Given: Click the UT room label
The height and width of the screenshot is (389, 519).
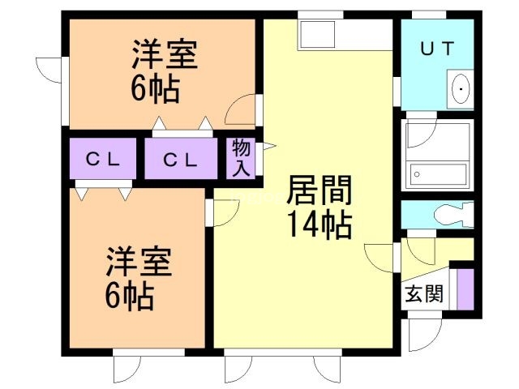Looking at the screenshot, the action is click(x=436, y=49).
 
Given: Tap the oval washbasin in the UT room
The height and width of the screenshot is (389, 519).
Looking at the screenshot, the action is click(x=461, y=88).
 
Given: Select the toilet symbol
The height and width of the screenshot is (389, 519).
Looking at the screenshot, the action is click(x=454, y=214).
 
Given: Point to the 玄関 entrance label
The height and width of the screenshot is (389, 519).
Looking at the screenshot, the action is click(x=423, y=293).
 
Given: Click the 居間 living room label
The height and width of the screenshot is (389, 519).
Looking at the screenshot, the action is click(x=319, y=190).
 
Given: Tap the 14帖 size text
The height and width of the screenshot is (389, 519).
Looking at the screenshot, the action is click(x=320, y=225).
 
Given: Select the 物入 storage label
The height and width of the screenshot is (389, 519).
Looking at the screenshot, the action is click(x=241, y=158).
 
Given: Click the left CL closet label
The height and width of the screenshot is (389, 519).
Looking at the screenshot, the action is click(x=102, y=160).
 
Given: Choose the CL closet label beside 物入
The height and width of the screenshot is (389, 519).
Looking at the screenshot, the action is click(x=181, y=160).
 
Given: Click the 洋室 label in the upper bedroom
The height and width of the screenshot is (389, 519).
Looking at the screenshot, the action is click(x=165, y=54).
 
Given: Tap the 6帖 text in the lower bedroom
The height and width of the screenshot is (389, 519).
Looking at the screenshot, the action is click(x=130, y=295).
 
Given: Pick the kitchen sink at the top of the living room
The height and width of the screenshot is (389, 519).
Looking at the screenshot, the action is click(x=317, y=34).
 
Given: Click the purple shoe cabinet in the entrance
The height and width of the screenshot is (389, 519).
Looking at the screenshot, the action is click(x=465, y=289).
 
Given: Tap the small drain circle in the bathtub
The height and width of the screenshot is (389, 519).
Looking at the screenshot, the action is click(x=417, y=174).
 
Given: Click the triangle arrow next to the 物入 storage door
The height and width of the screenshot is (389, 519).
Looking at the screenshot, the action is click(x=268, y=146).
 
